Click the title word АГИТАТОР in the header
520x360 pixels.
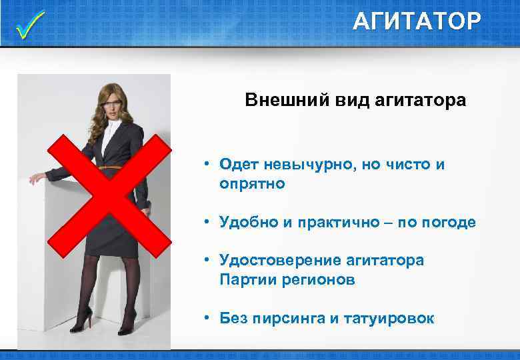416,22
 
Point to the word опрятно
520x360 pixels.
252,183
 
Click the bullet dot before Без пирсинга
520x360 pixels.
208,318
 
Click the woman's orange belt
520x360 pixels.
111,167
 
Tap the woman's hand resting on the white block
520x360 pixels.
36,179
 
